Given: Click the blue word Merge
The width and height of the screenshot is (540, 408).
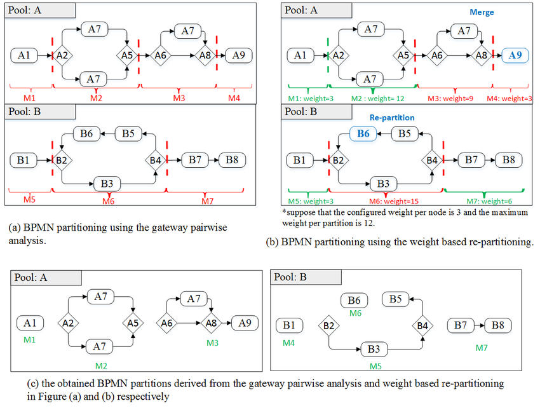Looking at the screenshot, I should coord(482,12).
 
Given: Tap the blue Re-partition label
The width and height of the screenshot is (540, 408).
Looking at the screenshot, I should coord(392,118).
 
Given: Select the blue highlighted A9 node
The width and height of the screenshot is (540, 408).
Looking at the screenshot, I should coord(515,55).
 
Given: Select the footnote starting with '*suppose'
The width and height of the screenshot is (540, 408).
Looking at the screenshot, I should coord(404,217).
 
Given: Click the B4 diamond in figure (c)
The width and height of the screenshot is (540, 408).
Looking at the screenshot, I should coord(422,327).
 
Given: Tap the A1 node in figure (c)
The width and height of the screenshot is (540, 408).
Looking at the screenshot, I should coord(30,323).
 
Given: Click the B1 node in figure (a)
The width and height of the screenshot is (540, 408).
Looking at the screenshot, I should coord(24,160).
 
